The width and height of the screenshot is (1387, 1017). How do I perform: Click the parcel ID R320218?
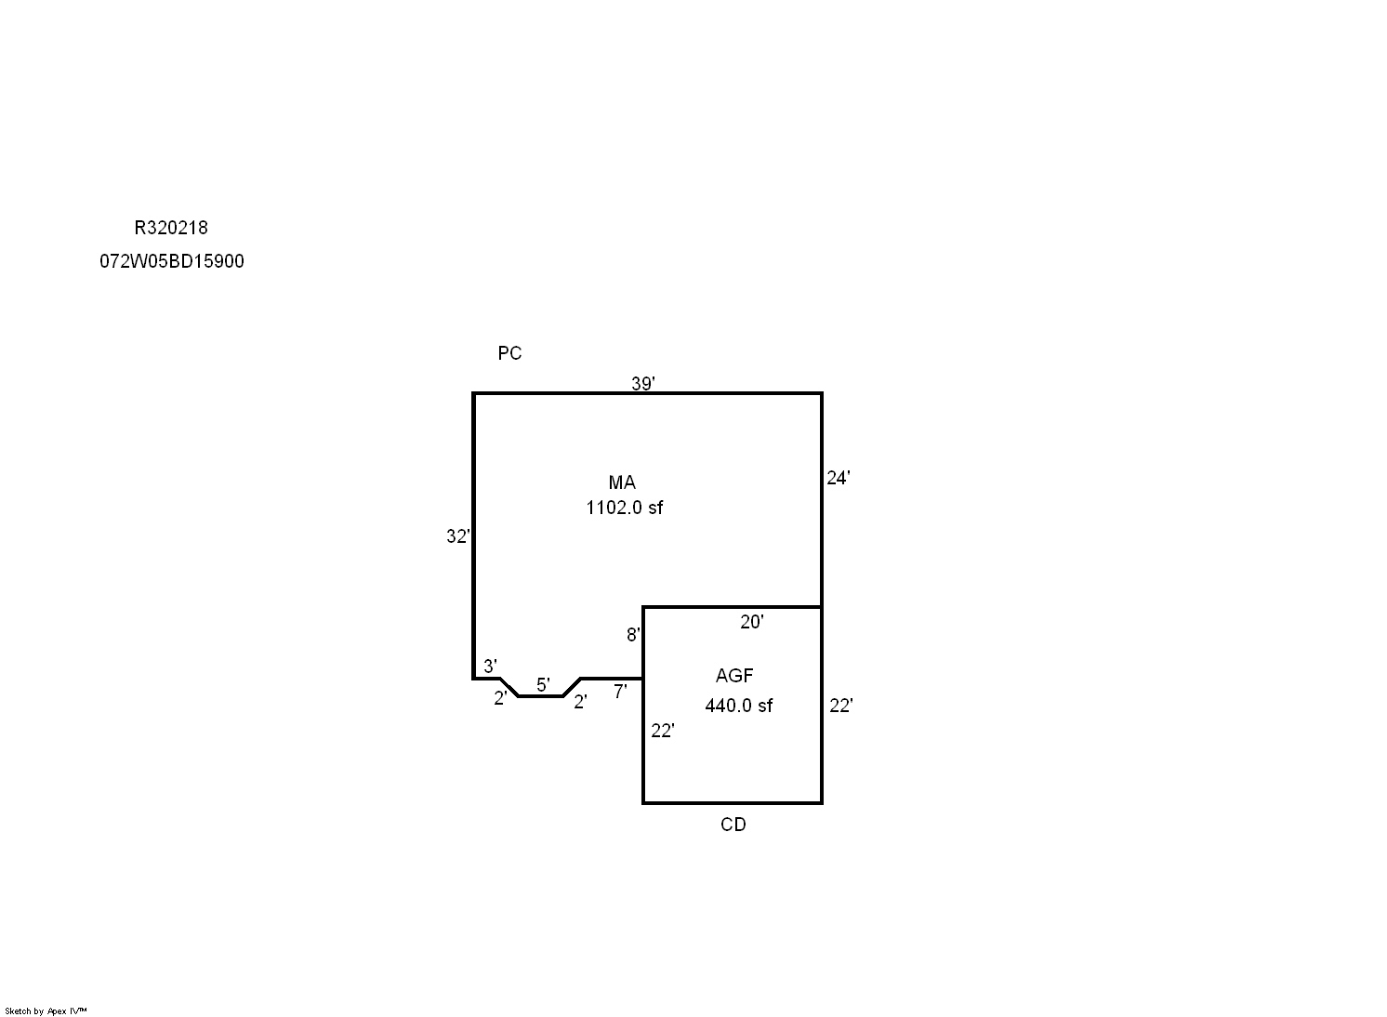click(171, 228)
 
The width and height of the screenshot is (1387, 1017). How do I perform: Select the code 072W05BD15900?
click(172, 261)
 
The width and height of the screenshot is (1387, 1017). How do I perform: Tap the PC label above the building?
click(509, 353)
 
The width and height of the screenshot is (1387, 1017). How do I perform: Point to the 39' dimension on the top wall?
click(642, 384)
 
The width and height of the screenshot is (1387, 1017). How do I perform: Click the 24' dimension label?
click(839, 478)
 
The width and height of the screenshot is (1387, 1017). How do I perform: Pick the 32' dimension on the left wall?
click(458, 536)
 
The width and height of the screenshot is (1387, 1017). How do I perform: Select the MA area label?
click(622, 482)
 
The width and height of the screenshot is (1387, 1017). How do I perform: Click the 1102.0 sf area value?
click(624, 508)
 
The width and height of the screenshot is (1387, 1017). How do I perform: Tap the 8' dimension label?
click(633, 635)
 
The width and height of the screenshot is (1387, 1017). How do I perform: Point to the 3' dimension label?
click(490, 667)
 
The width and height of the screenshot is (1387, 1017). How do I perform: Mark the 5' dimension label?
click(543, 685)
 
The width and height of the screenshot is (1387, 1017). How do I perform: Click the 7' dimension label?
click(620, 692)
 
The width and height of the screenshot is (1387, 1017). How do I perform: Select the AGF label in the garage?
click(734, 676)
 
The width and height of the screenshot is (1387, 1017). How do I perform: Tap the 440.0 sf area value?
click(739, 706)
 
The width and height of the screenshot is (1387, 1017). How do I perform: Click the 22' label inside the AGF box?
click(663, 732)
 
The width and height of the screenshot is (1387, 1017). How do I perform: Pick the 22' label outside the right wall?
click(841, 707)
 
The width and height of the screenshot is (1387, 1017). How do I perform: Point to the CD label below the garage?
click(733, 825)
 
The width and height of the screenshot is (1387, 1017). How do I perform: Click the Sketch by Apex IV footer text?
click(46, 1011)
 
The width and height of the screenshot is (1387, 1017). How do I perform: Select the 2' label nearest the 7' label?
click(580, 703)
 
